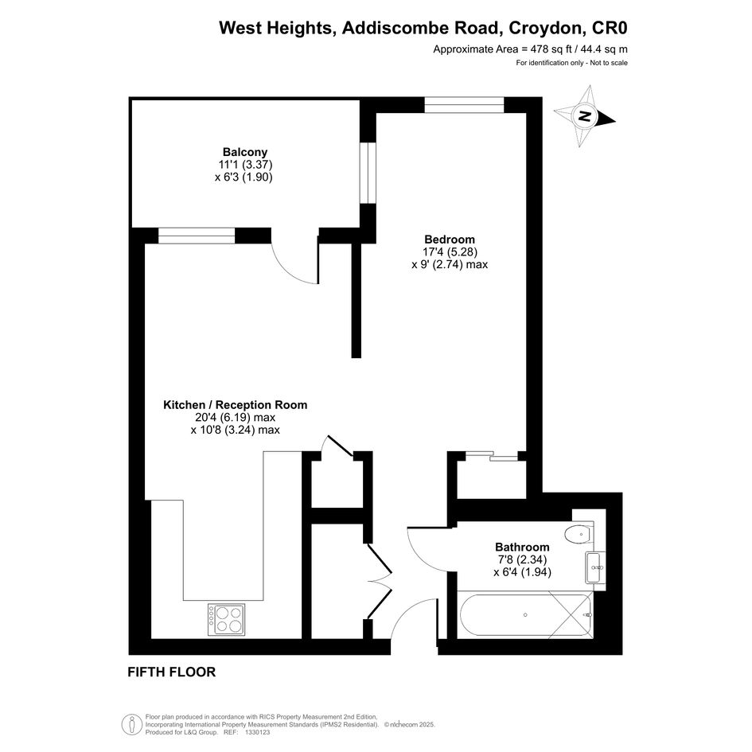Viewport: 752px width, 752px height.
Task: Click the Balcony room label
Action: click(x=245, y=152)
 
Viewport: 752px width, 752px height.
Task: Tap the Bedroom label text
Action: click(x=450, y=239)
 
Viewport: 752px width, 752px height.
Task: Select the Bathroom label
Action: click(x=522, y=547)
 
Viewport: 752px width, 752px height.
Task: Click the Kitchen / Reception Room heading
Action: click(x=235, y=405)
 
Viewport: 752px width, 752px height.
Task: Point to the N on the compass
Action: click(x=584, y=115)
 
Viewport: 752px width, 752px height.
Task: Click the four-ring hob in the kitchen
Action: click(x=226, y=620)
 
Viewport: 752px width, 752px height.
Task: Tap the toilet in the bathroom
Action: click(x=579, y=533)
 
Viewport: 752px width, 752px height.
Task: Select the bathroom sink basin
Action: click(x=595, y=567)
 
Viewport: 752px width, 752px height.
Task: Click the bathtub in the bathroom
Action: click(x=526, y=615)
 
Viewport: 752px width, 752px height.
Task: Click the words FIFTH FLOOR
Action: click(x=172, y=672)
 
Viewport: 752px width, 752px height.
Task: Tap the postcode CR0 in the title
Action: click(x=610, y=28)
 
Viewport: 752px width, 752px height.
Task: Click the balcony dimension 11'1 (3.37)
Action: click(x=245, y=165)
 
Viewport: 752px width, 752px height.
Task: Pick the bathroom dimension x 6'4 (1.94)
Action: click(x=522, y=571)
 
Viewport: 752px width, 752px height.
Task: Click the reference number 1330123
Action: click(x=258, y=732)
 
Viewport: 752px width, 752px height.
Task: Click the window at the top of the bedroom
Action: click(x=464, y=105)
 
